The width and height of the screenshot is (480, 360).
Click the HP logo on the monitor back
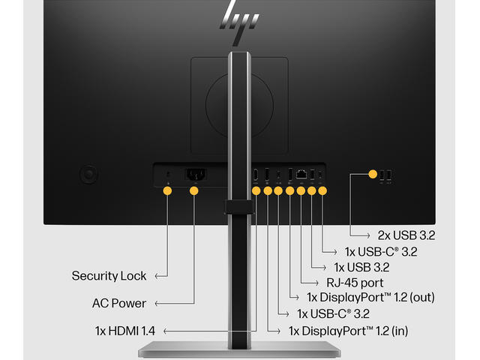click(x=239, y=17)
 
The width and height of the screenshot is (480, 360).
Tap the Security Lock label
click(x=109, y=276)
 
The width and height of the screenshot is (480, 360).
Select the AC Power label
click(x=119, y=304)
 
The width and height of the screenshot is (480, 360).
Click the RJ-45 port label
click(x=355, y=283)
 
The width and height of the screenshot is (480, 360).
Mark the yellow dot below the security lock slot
click(x=167, y=191)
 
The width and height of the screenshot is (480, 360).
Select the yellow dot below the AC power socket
click(x=194, y=191)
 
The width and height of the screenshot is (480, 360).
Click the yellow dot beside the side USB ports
click(x=373, y=175)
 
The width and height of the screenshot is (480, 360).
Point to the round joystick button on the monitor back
click(x=89, y=175)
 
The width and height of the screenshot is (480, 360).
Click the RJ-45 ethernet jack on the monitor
click(x=301, y=175)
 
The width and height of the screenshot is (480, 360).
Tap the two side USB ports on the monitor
click(x=385, y=175)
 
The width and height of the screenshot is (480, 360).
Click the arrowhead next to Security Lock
click(x=157, y=276)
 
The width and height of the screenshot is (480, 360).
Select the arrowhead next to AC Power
click(x=157, y=304)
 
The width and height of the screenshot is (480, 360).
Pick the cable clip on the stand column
click(x=238, y=205)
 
